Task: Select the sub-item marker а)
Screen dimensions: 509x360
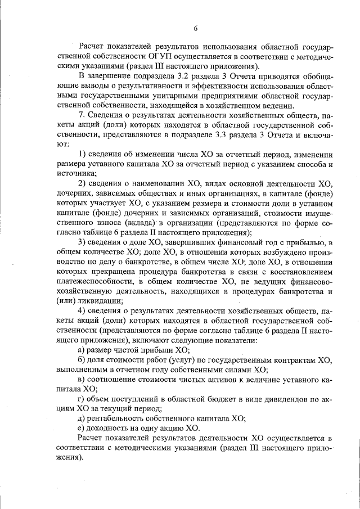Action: pyautogui.click(x=81, y=349)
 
